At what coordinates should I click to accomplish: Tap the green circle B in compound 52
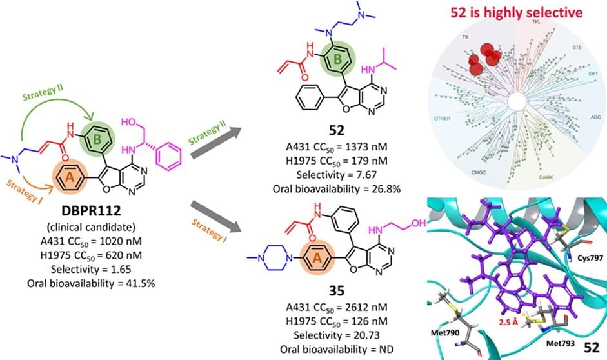click(337, 62)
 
